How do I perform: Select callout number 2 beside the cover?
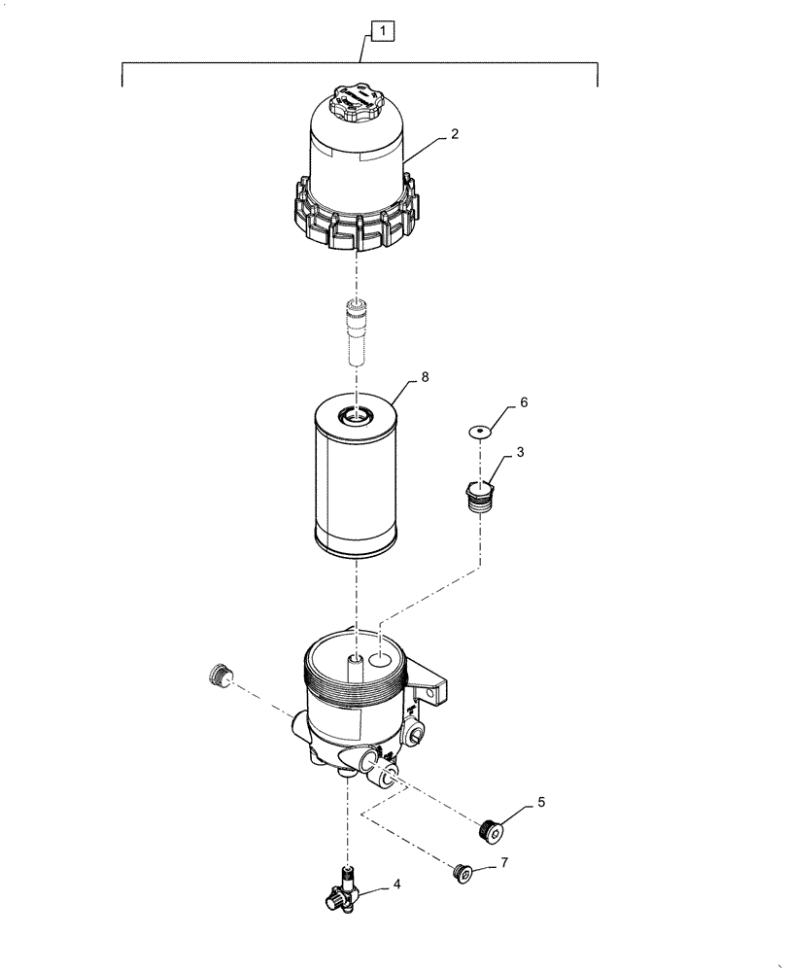454,137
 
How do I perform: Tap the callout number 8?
424,375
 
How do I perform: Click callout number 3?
522,452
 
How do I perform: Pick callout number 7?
503,861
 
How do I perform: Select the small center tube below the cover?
358,331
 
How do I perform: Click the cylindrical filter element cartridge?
357,486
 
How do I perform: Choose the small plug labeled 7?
464,874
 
